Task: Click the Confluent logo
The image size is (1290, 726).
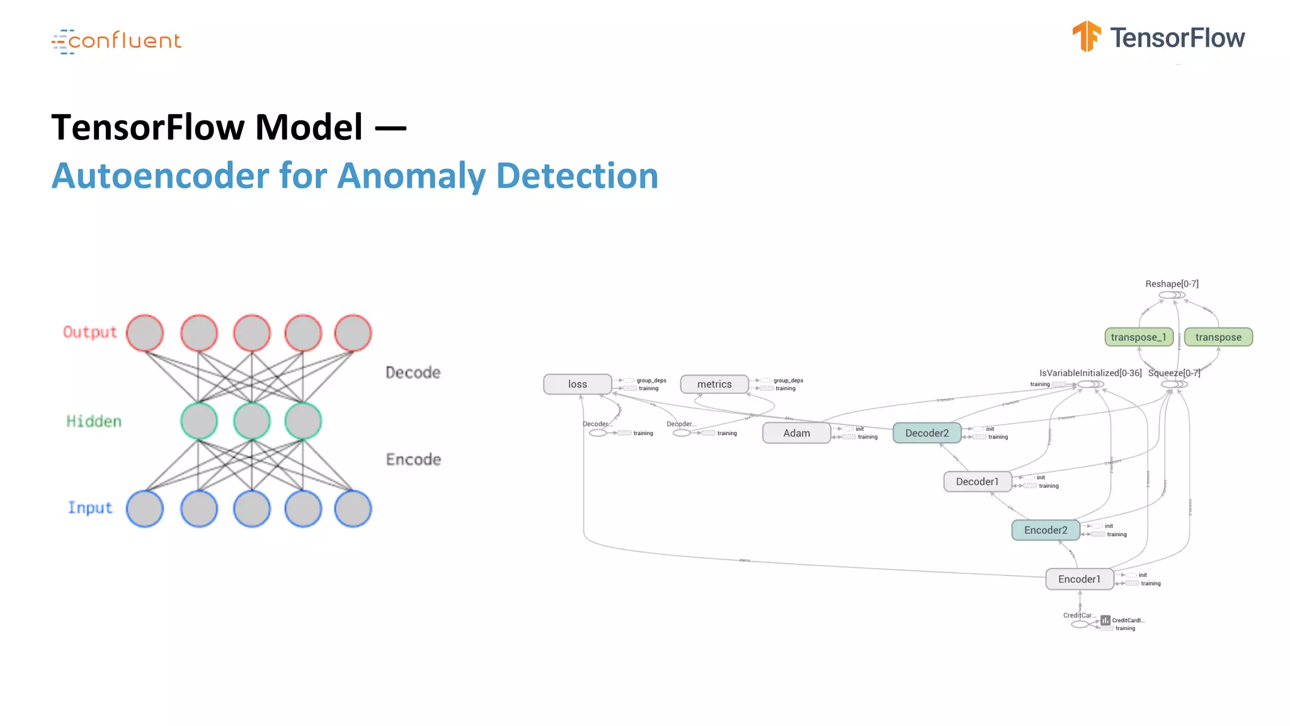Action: (117, 41)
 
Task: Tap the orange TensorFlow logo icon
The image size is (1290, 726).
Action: (1086, 36)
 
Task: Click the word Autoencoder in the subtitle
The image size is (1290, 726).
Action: (160, 176)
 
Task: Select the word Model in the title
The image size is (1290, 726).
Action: (309, 127)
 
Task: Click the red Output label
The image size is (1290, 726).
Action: (90, 332)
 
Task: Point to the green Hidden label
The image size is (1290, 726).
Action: (94, 421)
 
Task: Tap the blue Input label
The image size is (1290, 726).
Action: (90, 508)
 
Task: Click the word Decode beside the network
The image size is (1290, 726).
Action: (413, 372)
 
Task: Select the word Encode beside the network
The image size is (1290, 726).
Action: (413, 459)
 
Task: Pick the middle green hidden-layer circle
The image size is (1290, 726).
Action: (252, 421)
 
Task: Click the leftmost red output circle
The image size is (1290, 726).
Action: (145, 333)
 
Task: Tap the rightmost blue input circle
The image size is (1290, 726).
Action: (353, 509)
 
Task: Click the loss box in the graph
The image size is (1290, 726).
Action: (578, 384)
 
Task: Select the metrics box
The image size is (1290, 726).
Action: (714, 384)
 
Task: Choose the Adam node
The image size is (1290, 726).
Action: (796, 433)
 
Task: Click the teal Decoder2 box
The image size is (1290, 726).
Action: (927, 433)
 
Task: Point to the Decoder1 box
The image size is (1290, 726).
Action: (977, 481)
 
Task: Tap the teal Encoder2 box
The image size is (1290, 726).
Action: (1046, 530)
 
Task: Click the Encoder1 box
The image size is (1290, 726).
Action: (1079, 579)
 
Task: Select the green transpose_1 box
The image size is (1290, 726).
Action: (1138, 337)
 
